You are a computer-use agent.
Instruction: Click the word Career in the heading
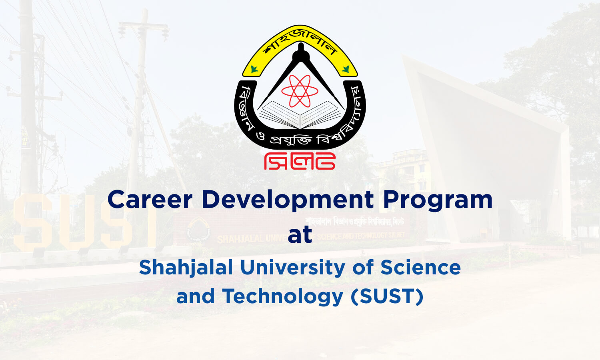tap(150, 199)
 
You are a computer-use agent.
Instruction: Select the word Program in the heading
tap(438, 199)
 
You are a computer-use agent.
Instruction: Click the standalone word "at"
tap(300, 235)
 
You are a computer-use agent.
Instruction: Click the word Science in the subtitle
tap(420, 267)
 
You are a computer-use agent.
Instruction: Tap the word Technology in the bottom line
tap(283, 296)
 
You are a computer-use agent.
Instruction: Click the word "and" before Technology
tap(195, 296)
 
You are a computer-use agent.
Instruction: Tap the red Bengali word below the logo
tap(300, 161)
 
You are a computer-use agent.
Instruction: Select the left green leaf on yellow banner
tap(253, 70)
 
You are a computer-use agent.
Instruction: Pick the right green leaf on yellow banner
tap(346, 70)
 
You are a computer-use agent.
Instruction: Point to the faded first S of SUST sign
tap(32, 222)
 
